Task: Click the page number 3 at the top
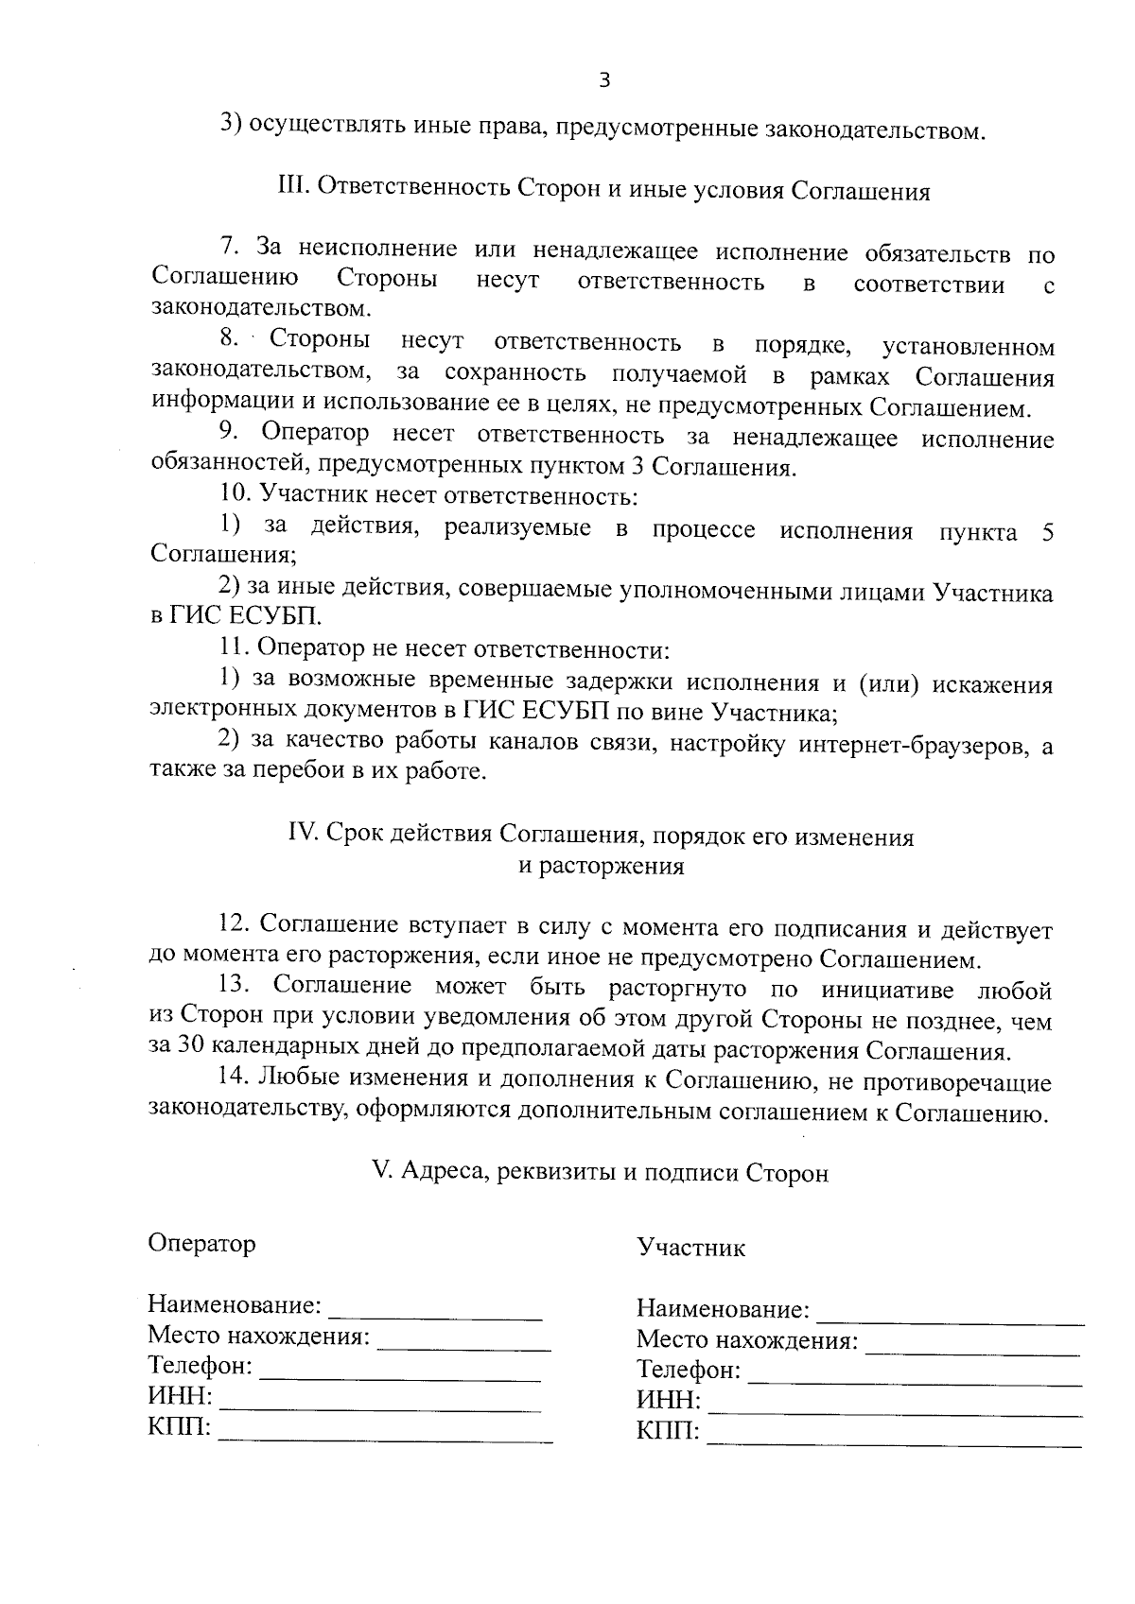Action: (604, 81)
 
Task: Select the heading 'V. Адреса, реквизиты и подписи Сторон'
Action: (601, 1172)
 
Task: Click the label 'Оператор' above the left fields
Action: (201, 1243)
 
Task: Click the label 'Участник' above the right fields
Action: (690, 1248)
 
